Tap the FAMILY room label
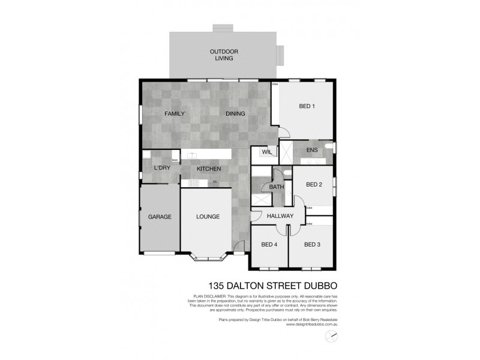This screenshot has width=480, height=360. point(175,113)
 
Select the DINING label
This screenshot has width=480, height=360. point(236,113)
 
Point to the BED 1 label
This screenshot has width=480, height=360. point(307,107)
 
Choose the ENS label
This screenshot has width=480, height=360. point(311,150)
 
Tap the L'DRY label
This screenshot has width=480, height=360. point(162,168)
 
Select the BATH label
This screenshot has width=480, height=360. point(277,187)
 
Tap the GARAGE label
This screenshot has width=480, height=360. point(160,217)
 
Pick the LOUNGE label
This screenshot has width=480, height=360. point(208,217)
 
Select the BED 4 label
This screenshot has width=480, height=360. point(269,244)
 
